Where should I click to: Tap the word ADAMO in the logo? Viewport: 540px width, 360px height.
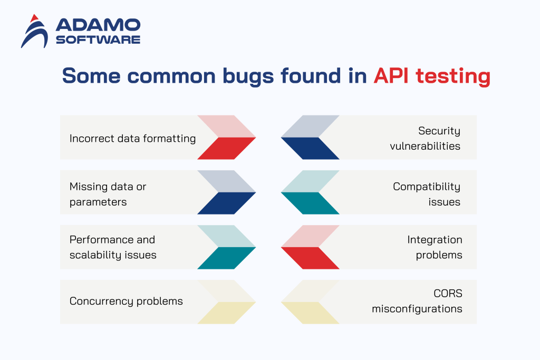click(x=98, y=25)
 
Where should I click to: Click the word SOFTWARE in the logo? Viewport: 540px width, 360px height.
click(x=98, y=40)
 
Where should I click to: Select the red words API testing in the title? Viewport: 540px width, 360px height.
click(x=432, y=76)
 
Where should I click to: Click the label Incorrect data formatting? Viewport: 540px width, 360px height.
click(x=132, y=138)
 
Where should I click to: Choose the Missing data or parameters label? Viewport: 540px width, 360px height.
click(x=108, y=194)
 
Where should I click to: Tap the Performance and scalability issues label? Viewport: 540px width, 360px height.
click(x=113, y=247)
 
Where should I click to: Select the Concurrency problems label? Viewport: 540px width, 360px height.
click(x=126, y=301)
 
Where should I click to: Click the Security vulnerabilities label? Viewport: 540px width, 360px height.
click(x=425, y=138)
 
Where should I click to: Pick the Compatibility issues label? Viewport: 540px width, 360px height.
click(x=426, y=194)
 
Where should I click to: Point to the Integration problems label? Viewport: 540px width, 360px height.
click(x=435, y=247)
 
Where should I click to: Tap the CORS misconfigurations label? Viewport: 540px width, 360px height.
click(x=417, y=301)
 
